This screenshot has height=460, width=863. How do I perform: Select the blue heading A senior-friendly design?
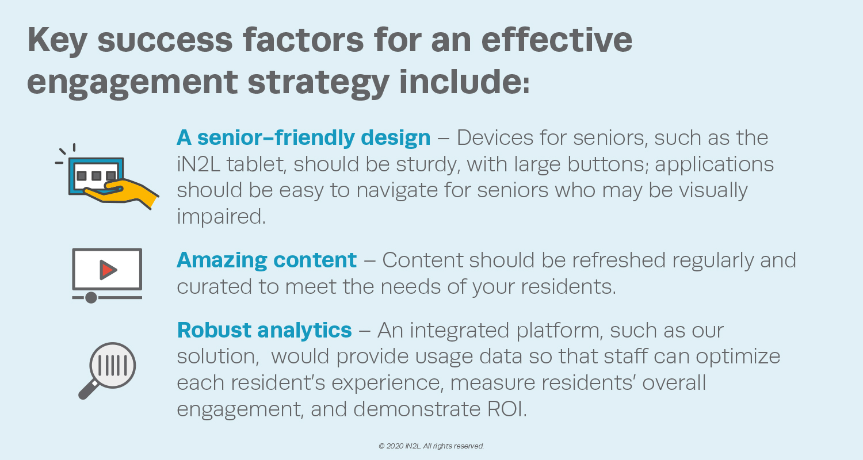[x=304, y=138]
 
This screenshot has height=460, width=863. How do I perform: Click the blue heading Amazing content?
[x=266, y=260]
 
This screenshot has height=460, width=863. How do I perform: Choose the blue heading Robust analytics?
[x=264, y=330]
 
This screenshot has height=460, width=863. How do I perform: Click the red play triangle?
[x=108, y=270]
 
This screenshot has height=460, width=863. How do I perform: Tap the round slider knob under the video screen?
[x=91, y=297]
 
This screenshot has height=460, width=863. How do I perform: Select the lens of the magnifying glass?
[x=113, y=365]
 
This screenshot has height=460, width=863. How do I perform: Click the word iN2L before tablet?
[x=198, y=164]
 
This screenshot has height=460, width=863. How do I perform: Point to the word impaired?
[x=221, y=217]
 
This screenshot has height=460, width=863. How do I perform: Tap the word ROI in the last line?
[x=507, y=409]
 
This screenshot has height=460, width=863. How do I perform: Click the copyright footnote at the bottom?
[x=431, y=446]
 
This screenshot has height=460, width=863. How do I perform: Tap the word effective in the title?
[x=557, y=40]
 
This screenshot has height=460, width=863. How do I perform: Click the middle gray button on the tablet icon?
[x=96, y=175]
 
